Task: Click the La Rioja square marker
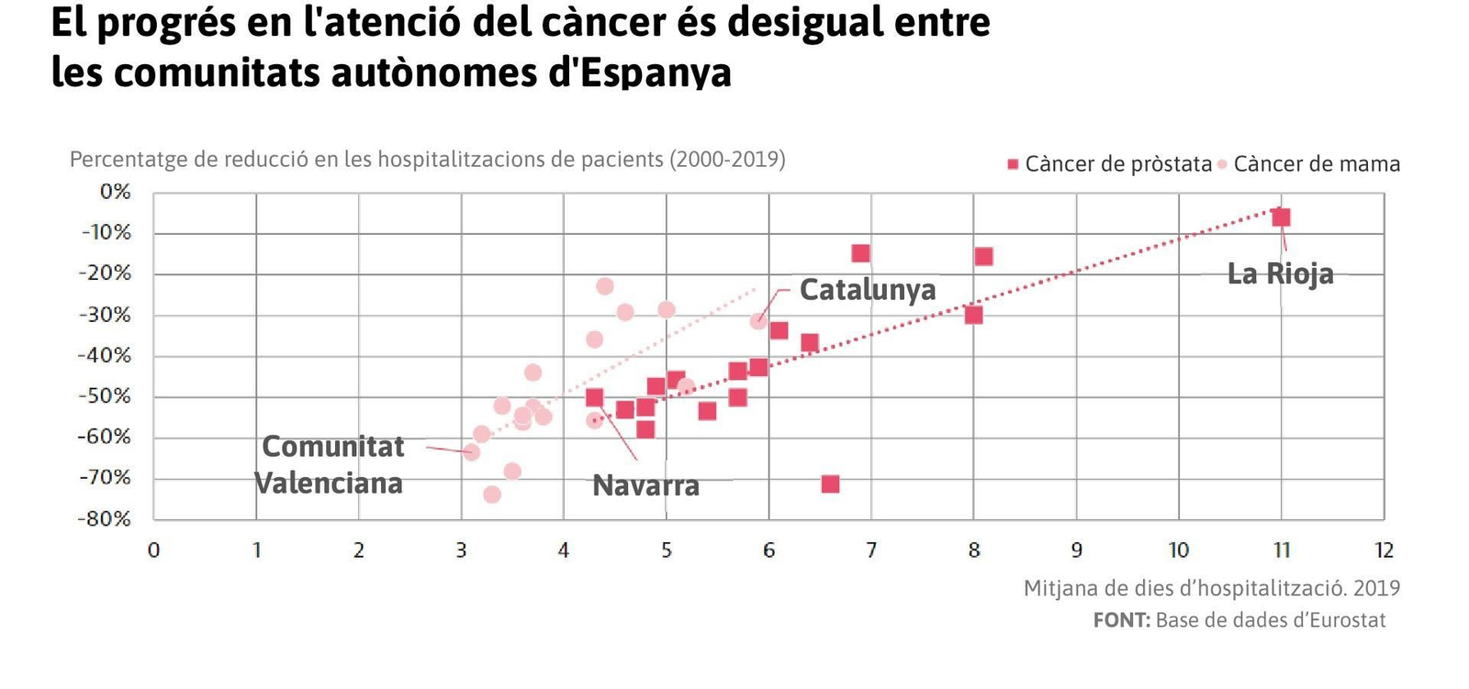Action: click(x=1281, y=217)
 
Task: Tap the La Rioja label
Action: click(x=1280, y=273)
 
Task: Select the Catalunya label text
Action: click(x=867, y=289)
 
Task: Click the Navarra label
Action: click(x=645, y=484)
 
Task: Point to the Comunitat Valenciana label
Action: click(x=331, y=464)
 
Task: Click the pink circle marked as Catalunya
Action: click(x=758, y=321)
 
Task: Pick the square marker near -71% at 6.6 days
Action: click(x=830, y=483)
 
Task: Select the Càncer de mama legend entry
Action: click(x=1315, y=164)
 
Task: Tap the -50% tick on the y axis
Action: click(x=105, y=396)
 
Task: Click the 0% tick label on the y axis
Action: click(x=116, y=192)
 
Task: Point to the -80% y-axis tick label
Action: click(x=105, y=518)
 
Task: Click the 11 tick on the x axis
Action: click(x=1282, y=550)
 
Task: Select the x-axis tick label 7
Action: click(x=871, y=550)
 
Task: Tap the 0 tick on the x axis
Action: click(x=153, y=550)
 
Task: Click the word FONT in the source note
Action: click(x=1121, y=620)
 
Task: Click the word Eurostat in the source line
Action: click(x=1347, y=620)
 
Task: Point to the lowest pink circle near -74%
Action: click(x=492, y=495)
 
